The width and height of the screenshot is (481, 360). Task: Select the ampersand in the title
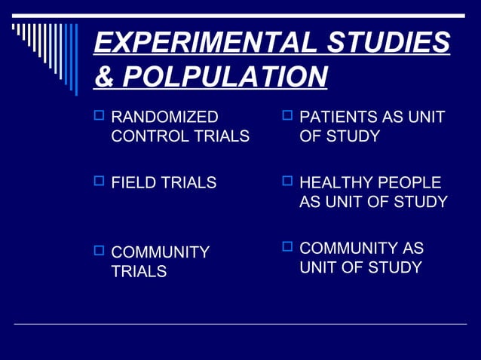point(104,76)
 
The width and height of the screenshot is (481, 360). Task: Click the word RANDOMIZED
point(164,117)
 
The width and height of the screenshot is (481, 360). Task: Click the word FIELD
point(131,183)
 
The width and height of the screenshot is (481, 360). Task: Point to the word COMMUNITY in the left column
point(160,252)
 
